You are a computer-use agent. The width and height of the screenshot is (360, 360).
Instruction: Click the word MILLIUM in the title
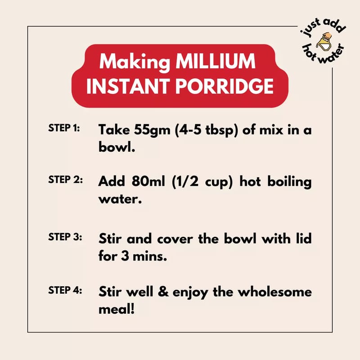pyautogui.click(x=216, y=61)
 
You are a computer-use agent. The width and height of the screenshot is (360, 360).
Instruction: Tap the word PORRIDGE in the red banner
pyautogui.click(x=224, y=86)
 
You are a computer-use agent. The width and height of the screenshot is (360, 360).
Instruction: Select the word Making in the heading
pyautogui.click(x=135, y=62)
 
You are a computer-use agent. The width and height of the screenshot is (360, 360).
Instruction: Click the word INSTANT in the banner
pyautogui.click(x=128, y=86)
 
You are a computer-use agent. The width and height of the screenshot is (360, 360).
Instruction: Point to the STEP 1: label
pyautogui.click(x=64, y=128)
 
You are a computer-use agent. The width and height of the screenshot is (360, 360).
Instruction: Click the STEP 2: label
pyautogui.click(x=65, y=180)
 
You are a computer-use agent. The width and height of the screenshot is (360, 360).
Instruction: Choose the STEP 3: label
pyautogui.click(x=65, y=237)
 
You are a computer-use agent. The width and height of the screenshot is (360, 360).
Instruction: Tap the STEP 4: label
pyautogui.click(x=65, y=290)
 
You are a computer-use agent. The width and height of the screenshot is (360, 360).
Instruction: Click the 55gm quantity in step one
pyautogui.click(x=152, y=130)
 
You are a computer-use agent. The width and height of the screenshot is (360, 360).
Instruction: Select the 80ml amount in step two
pyautogui.click(x=148, y=181)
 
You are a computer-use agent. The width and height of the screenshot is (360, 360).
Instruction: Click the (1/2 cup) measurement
pyautogui.click(x=202, y=182)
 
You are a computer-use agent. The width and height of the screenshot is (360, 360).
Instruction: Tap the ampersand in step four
pyautogui.click(x=163, y=292)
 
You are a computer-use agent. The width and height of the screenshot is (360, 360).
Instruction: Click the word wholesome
pyautogui.click(x=274, y=292)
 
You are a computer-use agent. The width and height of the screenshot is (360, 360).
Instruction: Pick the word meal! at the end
pyautogui.click(x=117, y=309)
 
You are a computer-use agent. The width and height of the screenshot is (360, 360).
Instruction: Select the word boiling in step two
pyautogui.click(x=289, y=182)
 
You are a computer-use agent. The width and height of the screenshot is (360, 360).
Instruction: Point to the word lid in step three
pyautogui.click(x=304, y=238)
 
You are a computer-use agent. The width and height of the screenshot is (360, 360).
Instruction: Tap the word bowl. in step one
pyautogui.click(x=117, y=147)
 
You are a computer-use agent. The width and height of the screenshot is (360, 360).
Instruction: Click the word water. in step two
pyautogui.click(x=120, y=199)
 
